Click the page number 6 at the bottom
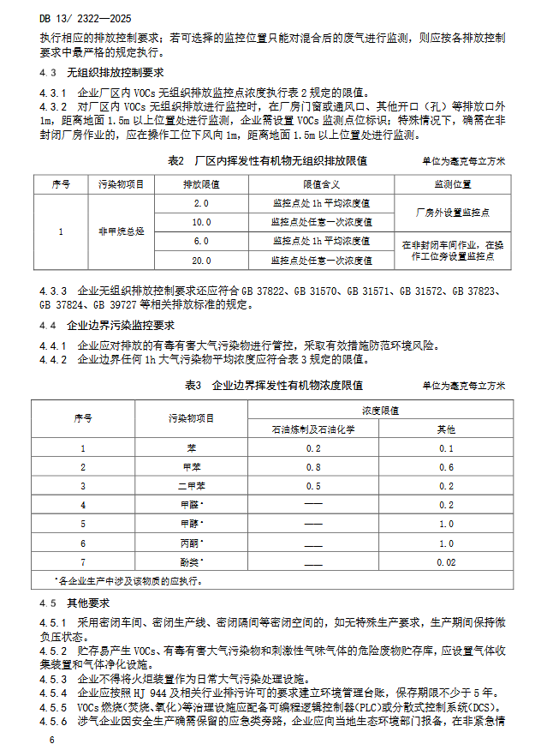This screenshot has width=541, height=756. click(52, 739)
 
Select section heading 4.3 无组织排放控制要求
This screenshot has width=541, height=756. click(102, 73)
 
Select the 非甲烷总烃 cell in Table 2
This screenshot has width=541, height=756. click(121, 231)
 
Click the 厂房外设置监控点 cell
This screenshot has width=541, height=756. click(452, 213)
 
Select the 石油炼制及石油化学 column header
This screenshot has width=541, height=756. click(312, 428)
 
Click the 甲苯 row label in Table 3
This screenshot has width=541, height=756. click(191, 467)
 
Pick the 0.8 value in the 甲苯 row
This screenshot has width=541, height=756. click(312, 467)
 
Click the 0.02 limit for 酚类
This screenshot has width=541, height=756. click(445, 561)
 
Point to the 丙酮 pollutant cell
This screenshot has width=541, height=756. click(191, 543)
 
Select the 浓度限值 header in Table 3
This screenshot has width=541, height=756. click(379, 410)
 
